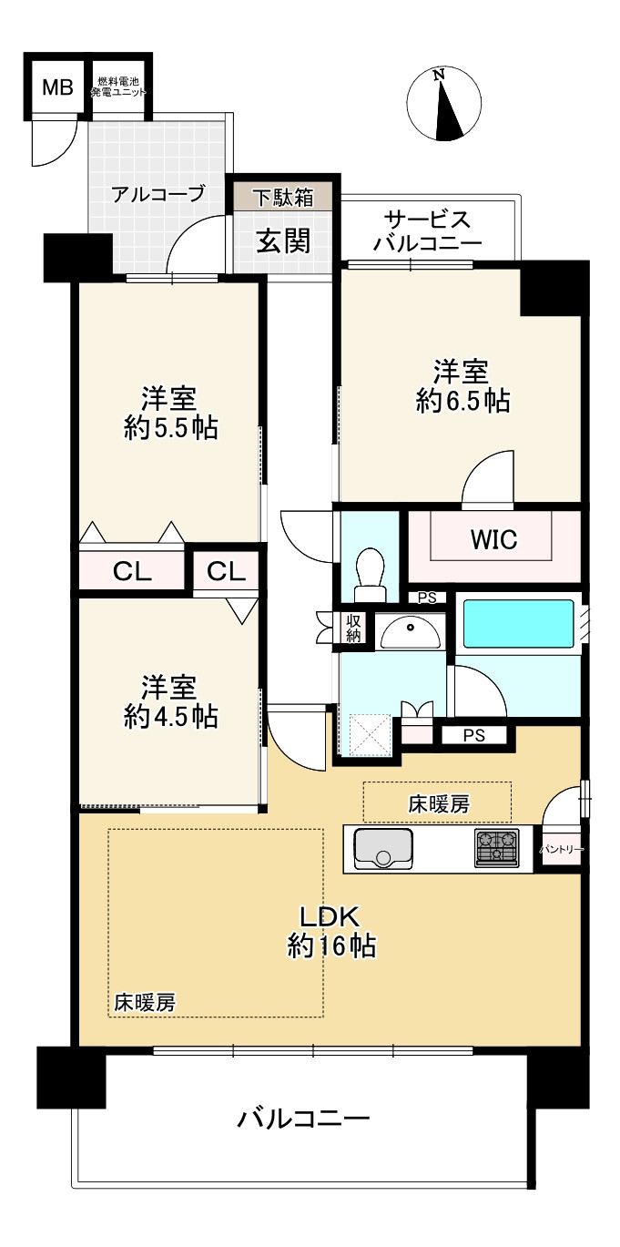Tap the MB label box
click(x=57, y=88)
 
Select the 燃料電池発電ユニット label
click(x=118, y=88)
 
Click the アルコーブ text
click(x=158, y=194)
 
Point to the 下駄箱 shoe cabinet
click(x=282, y=196)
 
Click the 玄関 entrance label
click(x=282, y=240)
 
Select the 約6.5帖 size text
click(x=462, y=402)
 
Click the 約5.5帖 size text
click(x=170, y=428)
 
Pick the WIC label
click(x=493, y=540)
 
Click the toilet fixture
click(x=371, y=573)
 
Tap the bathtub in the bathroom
click(x=517, y=624)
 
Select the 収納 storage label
click(x=353, y=629)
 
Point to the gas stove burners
click(x=495, y=846)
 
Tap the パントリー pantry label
click(x=561, y=850)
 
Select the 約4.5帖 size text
click(x=170, y=716)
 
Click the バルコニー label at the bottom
click(x=304, y=1118)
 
